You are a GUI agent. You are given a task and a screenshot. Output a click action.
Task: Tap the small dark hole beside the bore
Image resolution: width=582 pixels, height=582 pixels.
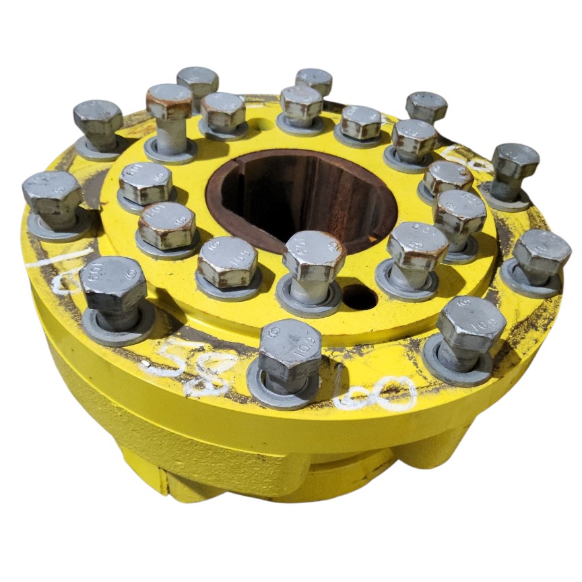point(360,297)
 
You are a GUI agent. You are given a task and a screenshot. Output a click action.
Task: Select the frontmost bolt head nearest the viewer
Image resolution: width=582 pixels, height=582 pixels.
point(290,350)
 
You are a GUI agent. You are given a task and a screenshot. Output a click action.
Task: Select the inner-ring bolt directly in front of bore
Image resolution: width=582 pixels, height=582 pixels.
point(314,255)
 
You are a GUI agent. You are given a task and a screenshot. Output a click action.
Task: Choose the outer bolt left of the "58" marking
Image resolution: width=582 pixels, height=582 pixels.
point(113,284)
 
